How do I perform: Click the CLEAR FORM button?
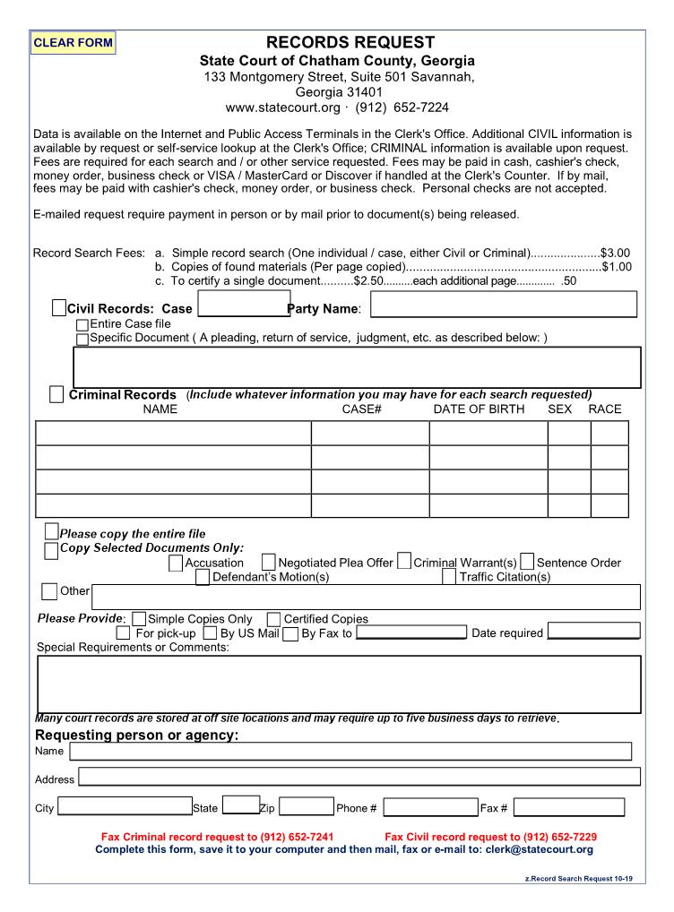pos(73,42)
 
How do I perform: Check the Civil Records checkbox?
pos(59,308)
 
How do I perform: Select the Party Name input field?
pos(503,305)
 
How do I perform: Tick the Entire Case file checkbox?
pos(82,324)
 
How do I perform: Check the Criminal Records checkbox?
pos(56,394)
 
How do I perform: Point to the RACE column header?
pos(604,409)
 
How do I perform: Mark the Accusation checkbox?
pos(176,563)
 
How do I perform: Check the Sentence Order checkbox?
pos(527,563)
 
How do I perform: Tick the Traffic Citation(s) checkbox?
pos(449,577)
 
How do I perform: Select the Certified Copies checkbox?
pos(273,619)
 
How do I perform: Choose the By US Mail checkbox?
pos(210,633)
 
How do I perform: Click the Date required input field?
pos(593,632)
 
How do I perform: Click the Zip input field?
pos(306,808)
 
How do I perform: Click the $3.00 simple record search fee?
pos(616,254)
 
